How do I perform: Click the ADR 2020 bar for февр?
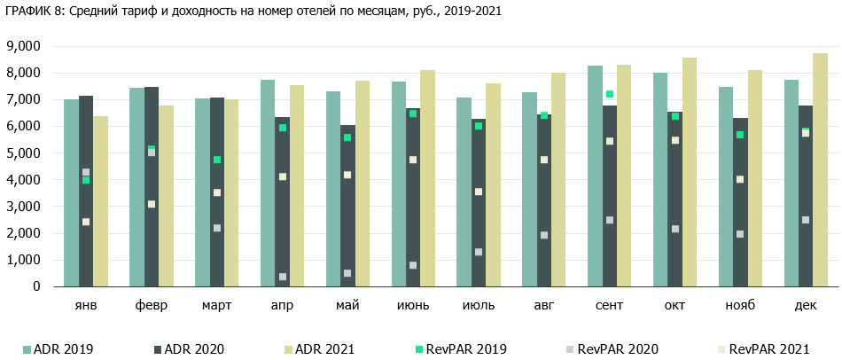(x=152, y=186)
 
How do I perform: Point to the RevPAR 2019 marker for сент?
(x=610, y=94)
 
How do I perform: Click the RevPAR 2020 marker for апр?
(x=283, y=277)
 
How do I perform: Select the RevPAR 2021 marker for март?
(x=217, y=192)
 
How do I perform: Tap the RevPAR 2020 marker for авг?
(x=544, y=235)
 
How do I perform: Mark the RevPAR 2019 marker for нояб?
(x=741, y=135)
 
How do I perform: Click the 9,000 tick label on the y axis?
(x=24, y=46)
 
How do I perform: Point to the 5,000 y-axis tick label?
(x=24, y=153)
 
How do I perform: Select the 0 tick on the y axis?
(x=36, y=286)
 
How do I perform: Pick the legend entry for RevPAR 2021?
(x=762, y=349)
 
